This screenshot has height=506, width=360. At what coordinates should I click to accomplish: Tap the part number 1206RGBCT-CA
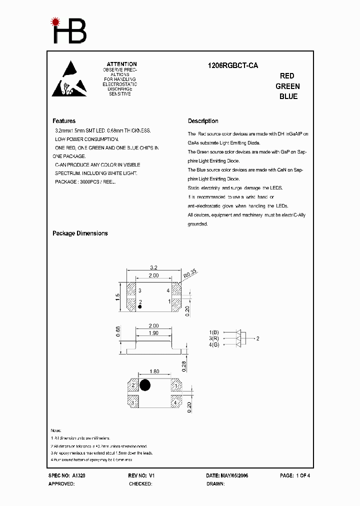coord(233,65)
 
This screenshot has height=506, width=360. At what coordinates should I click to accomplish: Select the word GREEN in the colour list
coord(287,86)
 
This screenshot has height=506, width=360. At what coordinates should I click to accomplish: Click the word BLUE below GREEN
coord(288,96)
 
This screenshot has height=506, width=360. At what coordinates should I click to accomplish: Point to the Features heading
coord(64,121)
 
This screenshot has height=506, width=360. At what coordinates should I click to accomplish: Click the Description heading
coord(203,121)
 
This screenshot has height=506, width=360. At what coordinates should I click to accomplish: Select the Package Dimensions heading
coord(80,233)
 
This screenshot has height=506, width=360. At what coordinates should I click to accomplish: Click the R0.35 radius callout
coord(190,273)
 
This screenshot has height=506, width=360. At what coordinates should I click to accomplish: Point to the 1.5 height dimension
coord(118,296)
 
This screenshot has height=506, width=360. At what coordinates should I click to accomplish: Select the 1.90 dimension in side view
coord(153,333)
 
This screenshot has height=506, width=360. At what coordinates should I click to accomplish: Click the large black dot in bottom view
coord(145,385)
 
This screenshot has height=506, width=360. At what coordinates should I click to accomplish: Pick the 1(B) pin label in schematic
coord(214,332)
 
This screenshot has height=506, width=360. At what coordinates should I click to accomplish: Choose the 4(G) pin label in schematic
coord(214,345)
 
